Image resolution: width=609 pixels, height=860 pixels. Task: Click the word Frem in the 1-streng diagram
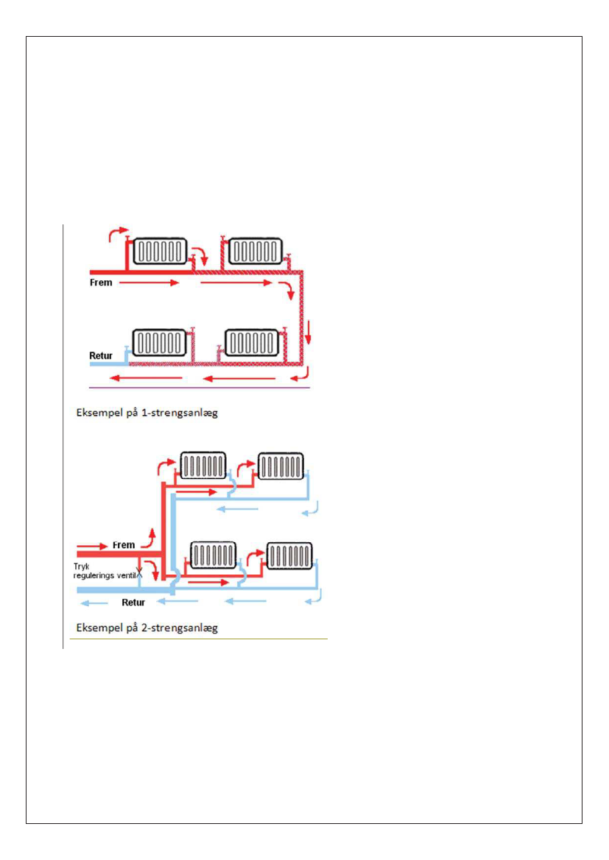(101, 282)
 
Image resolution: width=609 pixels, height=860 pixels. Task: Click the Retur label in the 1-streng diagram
(101, 355)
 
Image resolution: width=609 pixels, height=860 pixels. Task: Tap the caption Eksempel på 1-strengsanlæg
(147, 413)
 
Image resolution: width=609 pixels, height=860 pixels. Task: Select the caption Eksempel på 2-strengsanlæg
(147, 628)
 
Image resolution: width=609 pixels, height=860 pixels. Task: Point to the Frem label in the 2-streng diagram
(124, 545)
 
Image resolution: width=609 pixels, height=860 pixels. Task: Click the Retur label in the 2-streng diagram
(133, 603)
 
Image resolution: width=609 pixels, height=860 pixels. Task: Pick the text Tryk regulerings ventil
(105, 571)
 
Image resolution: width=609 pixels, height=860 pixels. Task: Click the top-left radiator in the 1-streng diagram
(160, 251)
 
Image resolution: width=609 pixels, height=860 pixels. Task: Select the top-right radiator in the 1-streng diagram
(255, 251)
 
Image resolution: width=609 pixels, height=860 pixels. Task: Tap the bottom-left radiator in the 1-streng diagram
(159, 343)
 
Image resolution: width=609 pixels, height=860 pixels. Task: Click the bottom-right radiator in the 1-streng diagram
(252, 343)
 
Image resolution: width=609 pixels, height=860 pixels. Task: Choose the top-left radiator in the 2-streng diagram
(203, 466)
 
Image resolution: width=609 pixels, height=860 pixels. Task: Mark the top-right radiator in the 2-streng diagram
(281, 466)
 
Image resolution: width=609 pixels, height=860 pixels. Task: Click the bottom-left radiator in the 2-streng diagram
(213, 555)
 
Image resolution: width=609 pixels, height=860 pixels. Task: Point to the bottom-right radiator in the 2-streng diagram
(289, 555)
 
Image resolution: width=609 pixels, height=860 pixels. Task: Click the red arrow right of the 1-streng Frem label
(149, 283)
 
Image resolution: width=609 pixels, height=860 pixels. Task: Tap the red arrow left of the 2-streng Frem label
(92, 547)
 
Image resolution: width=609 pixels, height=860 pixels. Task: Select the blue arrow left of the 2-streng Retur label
(94, 603)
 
